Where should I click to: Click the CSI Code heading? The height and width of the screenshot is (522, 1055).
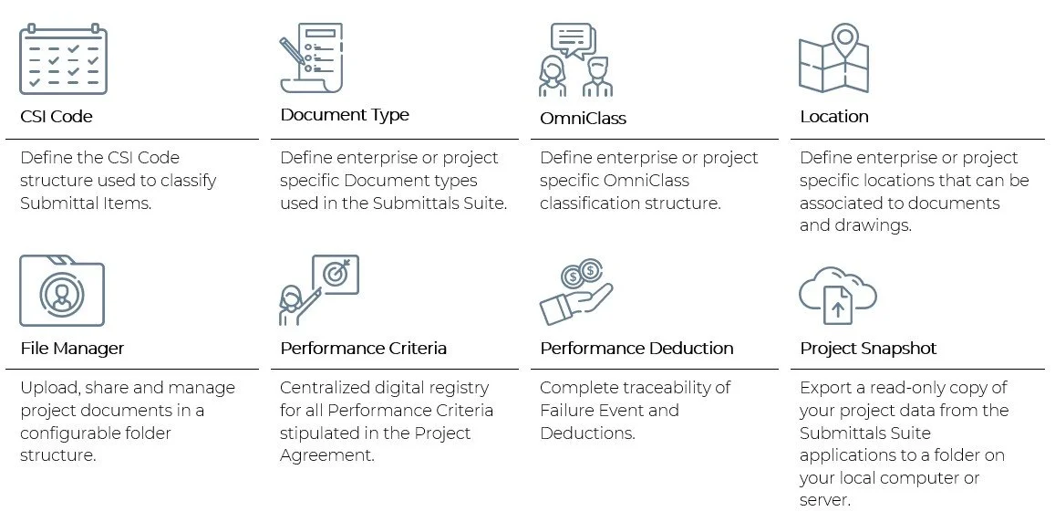[57, 117]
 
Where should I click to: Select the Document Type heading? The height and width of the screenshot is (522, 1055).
[345, 115]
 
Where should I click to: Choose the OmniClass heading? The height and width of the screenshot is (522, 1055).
[583, 119]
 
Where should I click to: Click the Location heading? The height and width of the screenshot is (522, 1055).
[833, 117]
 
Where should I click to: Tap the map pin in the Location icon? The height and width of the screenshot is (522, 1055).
[845, 39]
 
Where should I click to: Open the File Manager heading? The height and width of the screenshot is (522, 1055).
[72, 349]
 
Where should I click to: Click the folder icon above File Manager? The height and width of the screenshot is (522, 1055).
[62, 291]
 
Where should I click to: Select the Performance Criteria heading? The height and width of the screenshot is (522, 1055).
[363, 349]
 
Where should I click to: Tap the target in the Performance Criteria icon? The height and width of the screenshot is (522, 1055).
[335, 274]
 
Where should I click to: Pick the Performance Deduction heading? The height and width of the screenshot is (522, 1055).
[636, 349]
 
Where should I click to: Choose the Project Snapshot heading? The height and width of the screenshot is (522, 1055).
[868, 349]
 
